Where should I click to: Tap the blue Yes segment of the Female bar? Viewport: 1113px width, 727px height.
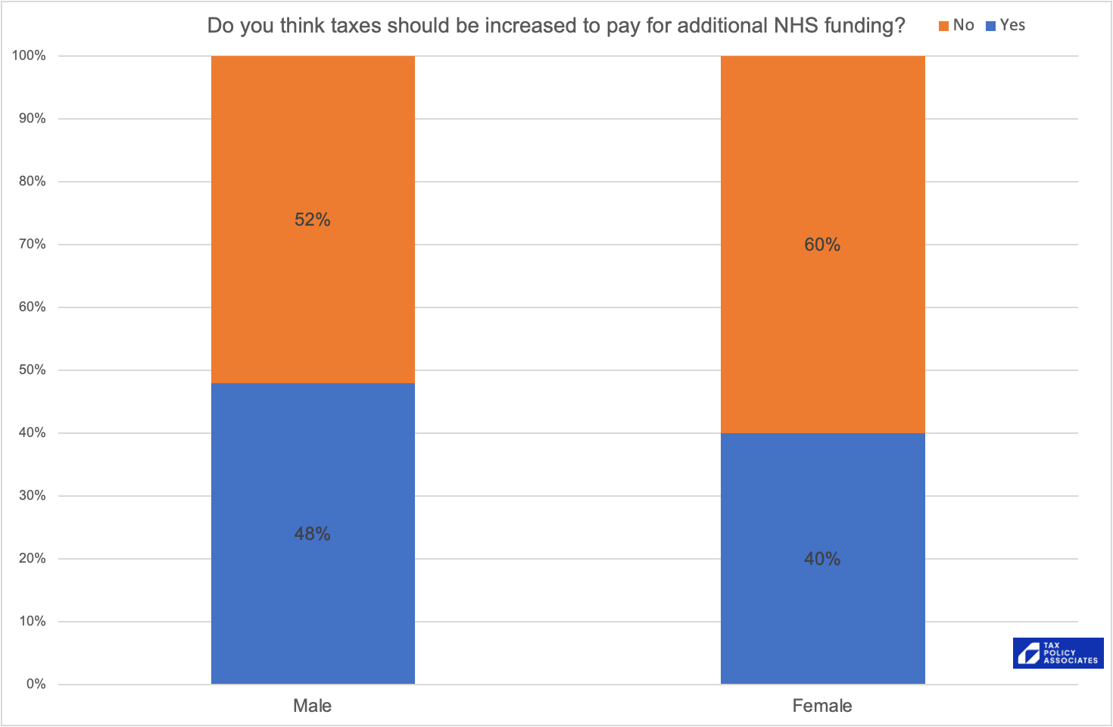pos(822,621)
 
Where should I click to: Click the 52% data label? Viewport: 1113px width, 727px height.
pos(313,220)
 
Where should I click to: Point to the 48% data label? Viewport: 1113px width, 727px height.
pos(313,534)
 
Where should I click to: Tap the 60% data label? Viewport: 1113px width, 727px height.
pos(822,245)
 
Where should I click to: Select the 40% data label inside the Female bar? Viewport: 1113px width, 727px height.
pos(822,559)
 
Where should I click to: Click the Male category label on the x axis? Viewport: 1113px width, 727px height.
pos(313,706)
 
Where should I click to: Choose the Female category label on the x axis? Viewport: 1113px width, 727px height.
pos(822,706)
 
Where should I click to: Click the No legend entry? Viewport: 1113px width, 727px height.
pos(957,25)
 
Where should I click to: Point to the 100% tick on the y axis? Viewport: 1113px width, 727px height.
pos(29,55)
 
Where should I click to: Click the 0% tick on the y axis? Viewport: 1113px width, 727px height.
pos(36,684)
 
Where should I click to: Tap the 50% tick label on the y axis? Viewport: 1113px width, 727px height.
pos(32,370)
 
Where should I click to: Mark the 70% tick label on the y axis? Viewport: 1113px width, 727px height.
pos(32,244)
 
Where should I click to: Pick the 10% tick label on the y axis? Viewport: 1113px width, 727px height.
pos(32,621)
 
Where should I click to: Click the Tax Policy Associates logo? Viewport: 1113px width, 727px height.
pos(1058,653)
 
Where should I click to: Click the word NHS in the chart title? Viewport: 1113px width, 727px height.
pos(796,26)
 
